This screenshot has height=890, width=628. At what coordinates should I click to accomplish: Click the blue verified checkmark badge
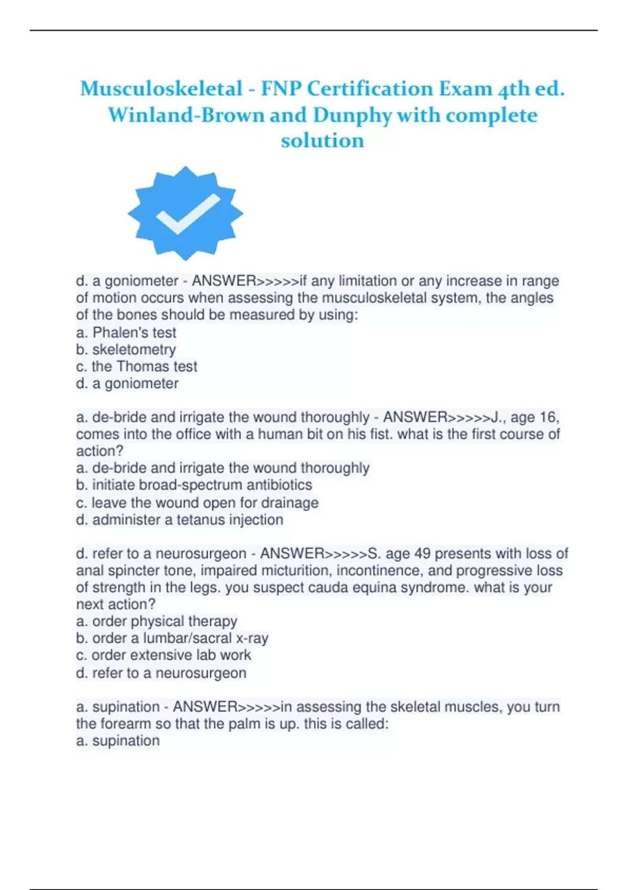point(185,213)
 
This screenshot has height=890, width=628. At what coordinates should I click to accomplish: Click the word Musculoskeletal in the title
point(161,88)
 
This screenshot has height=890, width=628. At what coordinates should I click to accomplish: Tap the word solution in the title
point(322,140)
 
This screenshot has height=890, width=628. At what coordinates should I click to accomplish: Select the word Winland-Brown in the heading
point(186,115)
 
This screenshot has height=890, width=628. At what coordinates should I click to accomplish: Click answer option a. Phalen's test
point(126,332)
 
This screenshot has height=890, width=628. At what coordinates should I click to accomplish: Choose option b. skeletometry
point(126,350)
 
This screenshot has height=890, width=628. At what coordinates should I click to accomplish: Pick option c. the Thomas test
point(136,366)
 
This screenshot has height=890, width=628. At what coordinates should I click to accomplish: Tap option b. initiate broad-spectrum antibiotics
point(194,485)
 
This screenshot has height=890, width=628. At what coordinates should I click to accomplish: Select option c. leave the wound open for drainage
point(197,503)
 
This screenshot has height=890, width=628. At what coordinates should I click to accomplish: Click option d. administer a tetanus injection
point(180,520)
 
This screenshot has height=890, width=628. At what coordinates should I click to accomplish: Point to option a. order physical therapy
point(156,621)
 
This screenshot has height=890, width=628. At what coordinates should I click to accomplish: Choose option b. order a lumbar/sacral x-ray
point(172,638)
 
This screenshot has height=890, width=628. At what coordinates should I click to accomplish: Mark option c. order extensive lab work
point(163,655)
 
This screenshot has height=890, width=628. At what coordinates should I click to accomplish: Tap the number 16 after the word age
point(549,417)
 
